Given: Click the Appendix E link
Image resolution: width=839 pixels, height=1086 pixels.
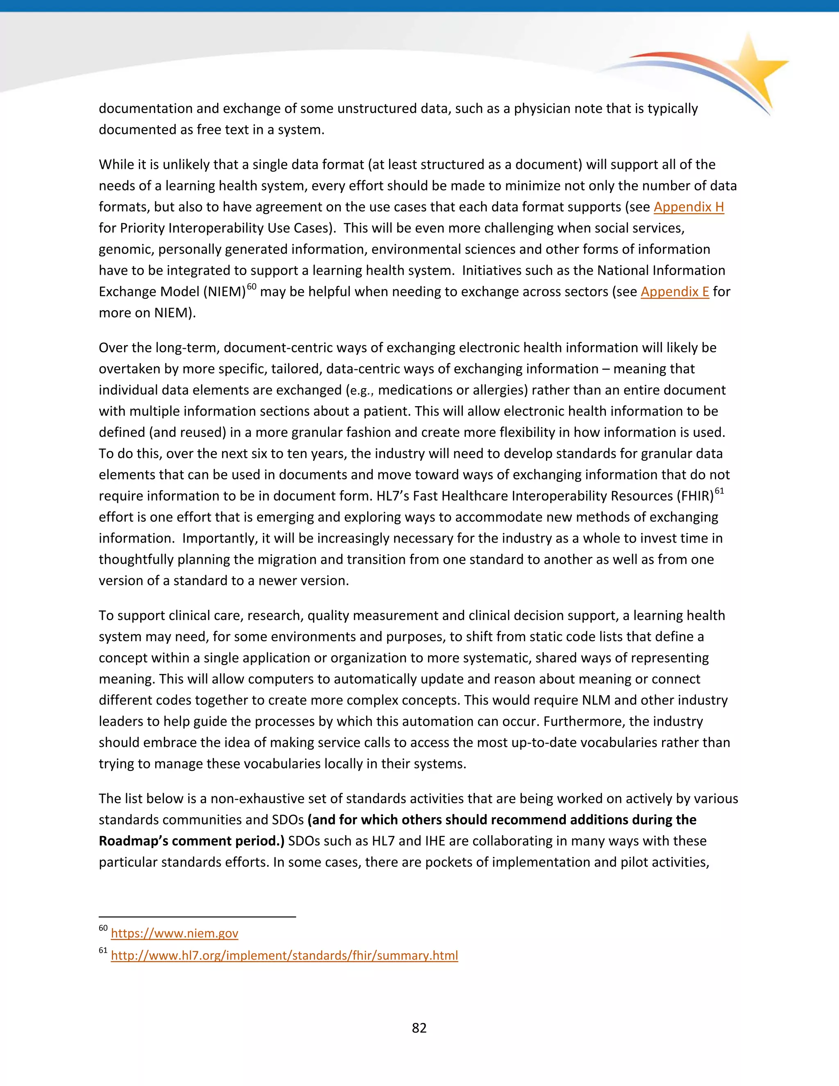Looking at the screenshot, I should pos(674,291).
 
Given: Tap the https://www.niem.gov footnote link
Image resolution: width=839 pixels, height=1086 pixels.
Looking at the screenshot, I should pos(175,933).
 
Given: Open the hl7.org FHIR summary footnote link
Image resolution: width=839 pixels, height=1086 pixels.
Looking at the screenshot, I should pos(284,956).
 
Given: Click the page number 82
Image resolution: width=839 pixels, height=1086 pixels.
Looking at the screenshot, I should pos(419,1028).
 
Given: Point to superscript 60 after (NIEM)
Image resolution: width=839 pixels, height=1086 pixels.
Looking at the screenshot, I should pos(252,286).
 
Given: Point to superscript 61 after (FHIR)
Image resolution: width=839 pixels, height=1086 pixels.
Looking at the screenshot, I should pos(719,491).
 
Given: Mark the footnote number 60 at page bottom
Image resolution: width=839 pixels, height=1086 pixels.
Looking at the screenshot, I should pos(103,928).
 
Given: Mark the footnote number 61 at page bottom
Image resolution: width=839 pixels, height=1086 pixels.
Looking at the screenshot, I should pos(103,951).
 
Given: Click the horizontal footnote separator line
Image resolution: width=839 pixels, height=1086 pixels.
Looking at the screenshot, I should pos(197,916).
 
